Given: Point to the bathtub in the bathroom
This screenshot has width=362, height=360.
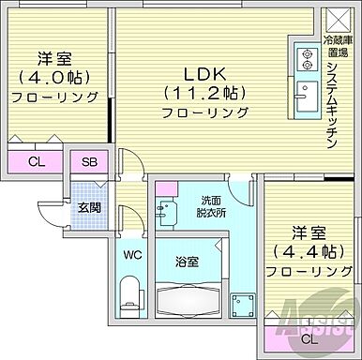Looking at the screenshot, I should click(188, 302).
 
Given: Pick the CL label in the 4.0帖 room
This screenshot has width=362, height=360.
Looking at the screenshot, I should click(36, 161).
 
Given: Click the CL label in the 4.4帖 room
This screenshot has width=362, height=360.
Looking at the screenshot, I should click(308, 337).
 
